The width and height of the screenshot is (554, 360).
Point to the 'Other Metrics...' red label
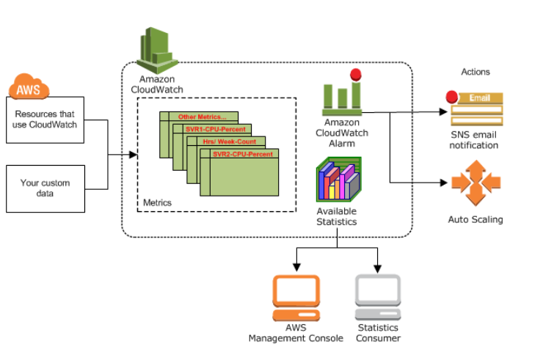pos(202,117)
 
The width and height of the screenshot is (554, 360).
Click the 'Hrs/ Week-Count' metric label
pos(225,142)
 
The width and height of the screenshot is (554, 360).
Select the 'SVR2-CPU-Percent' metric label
pos(242,154)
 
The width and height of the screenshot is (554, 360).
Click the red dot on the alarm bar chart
pos(356,74)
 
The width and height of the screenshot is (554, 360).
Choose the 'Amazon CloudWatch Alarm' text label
pos(341,133)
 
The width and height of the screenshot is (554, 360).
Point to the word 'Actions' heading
pos(475,72)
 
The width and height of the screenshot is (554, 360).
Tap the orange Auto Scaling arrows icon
pos(475,183)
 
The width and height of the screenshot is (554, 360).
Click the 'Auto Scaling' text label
pos(475,219)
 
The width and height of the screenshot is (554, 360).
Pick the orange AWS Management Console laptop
pos(296,298)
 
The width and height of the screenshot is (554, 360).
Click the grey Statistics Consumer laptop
pos(378,298)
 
